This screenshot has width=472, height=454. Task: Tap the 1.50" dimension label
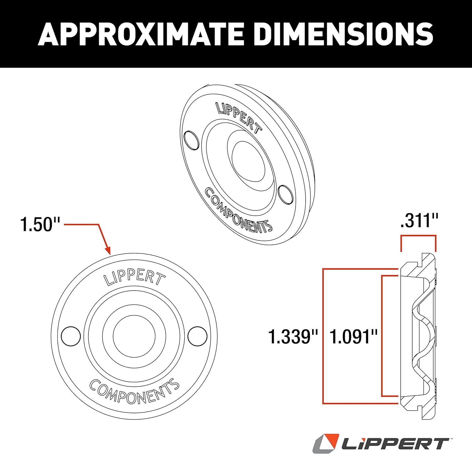point(40,224)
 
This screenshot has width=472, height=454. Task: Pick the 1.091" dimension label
point(353,336)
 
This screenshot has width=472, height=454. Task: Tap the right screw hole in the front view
point(197,336)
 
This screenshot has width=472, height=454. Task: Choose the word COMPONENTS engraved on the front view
point(134,392)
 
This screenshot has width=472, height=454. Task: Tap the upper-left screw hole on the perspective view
point(191,140)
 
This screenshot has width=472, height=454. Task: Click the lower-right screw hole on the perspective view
point(285,194)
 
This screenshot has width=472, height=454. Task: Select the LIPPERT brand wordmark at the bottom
point(395,444)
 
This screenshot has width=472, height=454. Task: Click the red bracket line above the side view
point(418,235)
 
